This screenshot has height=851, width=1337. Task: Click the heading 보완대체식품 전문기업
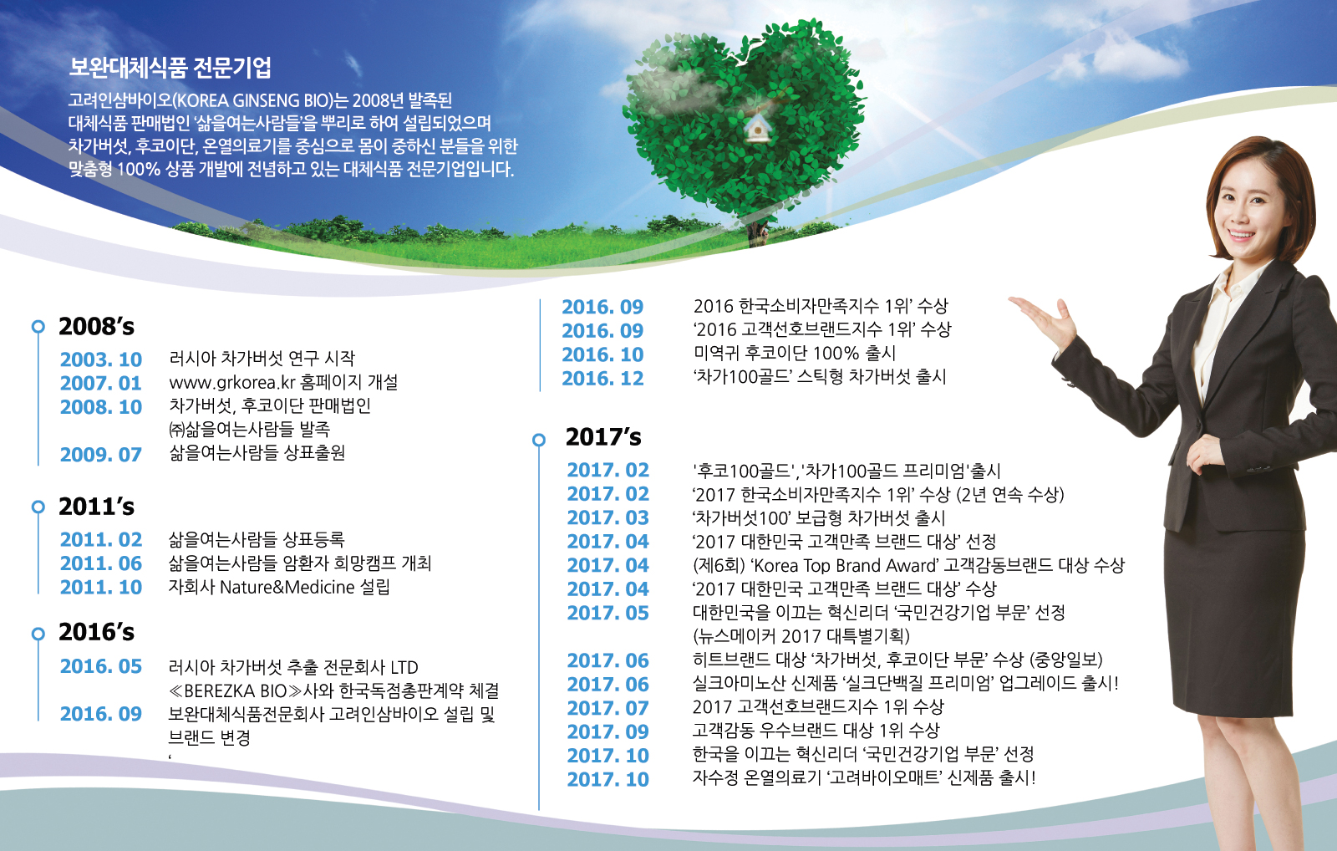coord(170,68)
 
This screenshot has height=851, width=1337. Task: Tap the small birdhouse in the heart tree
coord(757,127)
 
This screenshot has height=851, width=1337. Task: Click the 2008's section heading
coord(96,326)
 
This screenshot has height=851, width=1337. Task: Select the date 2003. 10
coord(101,359)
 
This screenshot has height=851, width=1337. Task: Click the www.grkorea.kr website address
coord(233,382)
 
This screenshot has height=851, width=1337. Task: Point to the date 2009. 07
coord(101,455)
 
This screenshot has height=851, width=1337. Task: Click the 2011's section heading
coord(96,507)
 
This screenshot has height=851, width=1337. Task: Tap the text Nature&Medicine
coord(287,588)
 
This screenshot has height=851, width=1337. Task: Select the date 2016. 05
coord(101,666)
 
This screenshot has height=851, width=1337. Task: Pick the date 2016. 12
coord(602,379)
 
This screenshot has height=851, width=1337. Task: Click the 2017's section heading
coord(603,437)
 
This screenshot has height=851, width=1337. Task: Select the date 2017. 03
coord(607,517)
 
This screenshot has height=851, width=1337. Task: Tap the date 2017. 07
coord(607,708)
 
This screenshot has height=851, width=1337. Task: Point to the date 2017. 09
coord(607,732)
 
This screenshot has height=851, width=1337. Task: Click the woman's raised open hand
coord(1045,319)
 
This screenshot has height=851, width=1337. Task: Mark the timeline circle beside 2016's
coord(38,634)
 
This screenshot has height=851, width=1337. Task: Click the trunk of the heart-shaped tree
coord(756,230)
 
